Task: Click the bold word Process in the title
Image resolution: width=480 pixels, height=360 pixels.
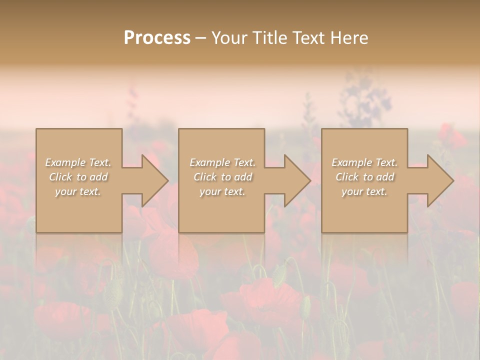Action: click(157, 38)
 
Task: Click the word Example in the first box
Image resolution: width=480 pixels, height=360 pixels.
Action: click(65, 162)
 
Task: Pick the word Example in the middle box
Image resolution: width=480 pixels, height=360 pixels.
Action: click(209, 162)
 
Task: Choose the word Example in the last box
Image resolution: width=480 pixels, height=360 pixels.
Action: click(351, 162)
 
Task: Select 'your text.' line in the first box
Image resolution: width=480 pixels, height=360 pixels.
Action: click(78, 191)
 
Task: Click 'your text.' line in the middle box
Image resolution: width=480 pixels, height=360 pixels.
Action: click(222, 191)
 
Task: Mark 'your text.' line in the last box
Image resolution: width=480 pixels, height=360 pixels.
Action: click(364, 191)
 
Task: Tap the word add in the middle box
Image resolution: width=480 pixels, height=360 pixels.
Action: click(243, 177)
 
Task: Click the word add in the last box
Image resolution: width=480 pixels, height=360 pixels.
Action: click(385, 177)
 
